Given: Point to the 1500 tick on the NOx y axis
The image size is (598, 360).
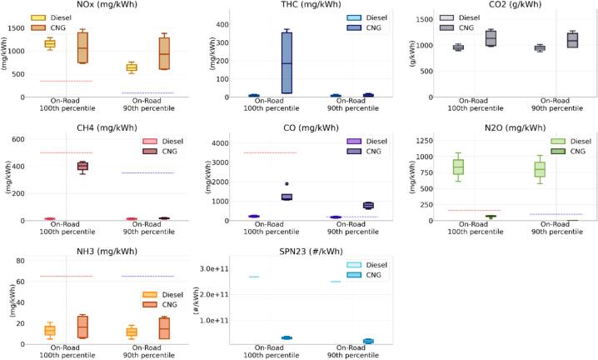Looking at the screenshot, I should [15, 27].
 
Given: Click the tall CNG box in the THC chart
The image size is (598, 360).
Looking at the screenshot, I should [264, 63].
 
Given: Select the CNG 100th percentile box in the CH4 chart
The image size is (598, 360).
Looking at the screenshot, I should [82, 167].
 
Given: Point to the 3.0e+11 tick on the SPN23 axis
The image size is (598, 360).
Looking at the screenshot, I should [210, 269].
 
